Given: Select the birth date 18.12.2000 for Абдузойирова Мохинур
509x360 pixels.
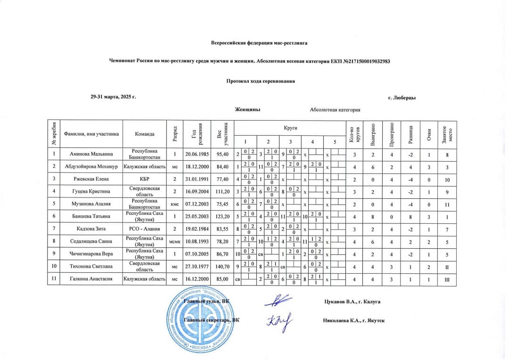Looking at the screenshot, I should click(x=197, y=166).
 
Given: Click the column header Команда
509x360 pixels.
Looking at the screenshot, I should click(x=145, y=134).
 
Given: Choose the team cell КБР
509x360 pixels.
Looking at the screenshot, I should click(x=145, y=179).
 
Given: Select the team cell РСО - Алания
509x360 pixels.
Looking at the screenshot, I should click(x=145, y=229).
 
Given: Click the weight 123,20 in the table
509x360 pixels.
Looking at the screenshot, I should click(x=222, y=216).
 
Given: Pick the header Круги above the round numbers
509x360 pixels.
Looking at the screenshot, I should click(x=290, y=128).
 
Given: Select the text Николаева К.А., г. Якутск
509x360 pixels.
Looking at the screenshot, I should click(x=354, y=320).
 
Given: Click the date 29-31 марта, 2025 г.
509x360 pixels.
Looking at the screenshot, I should click(x=113, y=97).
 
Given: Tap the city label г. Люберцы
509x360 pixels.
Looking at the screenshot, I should click(x=402, y=98).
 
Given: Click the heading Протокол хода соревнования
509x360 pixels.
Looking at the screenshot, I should click(x=261, y=81).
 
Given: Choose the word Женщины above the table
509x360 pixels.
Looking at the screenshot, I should click(x=248, y=110).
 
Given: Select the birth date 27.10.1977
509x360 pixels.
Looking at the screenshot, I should click(x=197, y=267).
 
